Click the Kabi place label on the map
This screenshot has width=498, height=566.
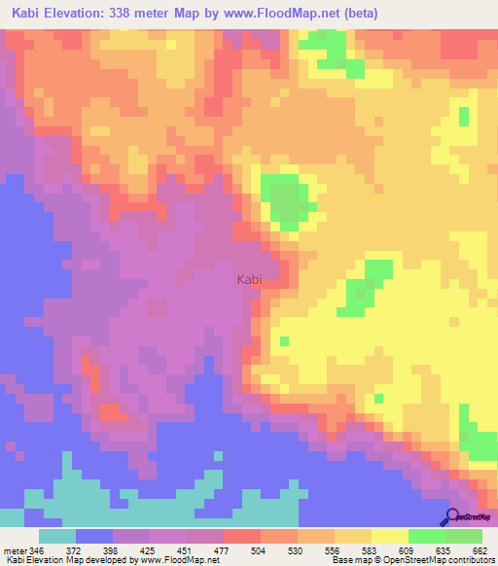249,279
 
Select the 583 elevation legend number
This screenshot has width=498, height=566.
372,550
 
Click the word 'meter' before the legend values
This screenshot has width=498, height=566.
16,550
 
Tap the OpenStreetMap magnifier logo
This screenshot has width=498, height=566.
451,516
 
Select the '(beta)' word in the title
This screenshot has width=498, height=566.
357,14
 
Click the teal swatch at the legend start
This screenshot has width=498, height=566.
57,536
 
